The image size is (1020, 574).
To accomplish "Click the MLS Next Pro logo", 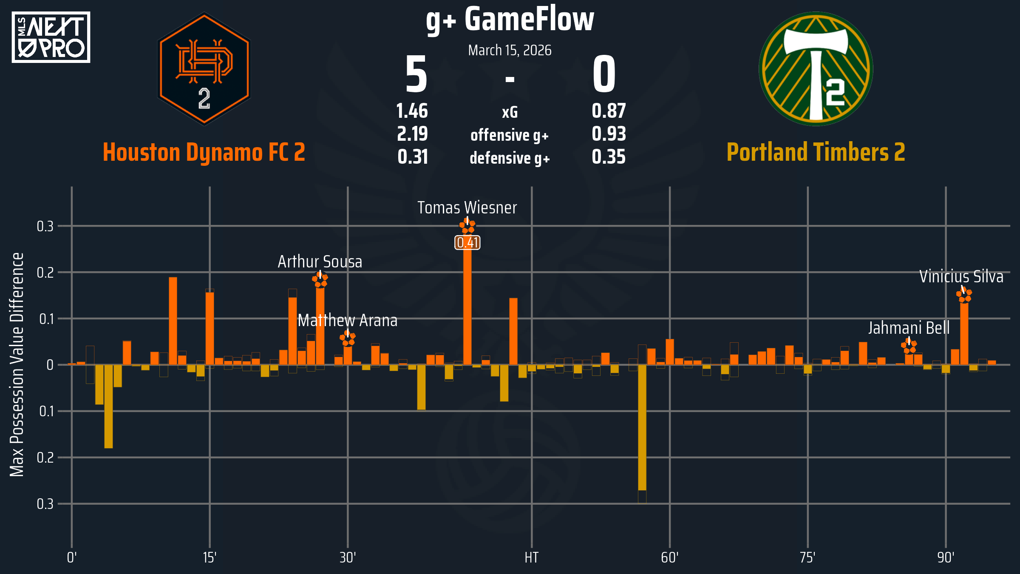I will click(51, 37).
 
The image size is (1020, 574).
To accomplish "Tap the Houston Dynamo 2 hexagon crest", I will click(204, 69).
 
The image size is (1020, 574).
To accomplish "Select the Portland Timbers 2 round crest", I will click(816, 69).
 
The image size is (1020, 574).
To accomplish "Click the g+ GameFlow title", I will click(510, 20).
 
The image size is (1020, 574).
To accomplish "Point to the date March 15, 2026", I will click(510, 51).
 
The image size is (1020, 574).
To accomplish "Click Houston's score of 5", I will click(416, 75).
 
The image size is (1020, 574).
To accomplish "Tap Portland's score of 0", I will click(604, 75).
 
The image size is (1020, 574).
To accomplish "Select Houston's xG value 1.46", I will click(412, 111).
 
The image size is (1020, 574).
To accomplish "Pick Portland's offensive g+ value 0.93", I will click(609, 134).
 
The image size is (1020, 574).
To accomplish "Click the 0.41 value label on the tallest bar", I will click(467, 243).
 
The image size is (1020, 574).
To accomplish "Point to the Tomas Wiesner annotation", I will click(467, 208).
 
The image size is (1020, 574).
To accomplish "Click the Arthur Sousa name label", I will click(320, 262).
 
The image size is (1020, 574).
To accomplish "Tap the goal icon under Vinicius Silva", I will click(964, 295).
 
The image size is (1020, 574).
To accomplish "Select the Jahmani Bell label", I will click(909, 328).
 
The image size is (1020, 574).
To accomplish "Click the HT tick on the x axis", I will click(531, 557).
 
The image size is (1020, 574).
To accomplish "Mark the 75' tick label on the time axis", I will click(807, 557).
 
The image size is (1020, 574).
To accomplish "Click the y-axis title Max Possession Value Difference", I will click(17, 364).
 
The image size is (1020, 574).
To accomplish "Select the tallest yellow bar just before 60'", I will click(642, 427).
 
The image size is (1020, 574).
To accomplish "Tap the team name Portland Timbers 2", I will click(816, 152).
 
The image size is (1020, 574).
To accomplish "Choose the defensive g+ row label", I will click(510, 158).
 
